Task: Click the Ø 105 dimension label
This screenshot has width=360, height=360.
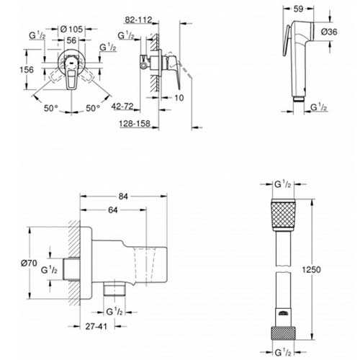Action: click(x=71, y=30)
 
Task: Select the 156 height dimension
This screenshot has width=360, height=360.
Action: click(x=27, y=70)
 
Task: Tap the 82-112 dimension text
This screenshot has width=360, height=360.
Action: click(x=138, y=19)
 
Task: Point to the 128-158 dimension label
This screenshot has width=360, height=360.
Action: click(x=135, y=124)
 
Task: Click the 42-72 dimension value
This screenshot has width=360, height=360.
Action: click(x=122, y=107)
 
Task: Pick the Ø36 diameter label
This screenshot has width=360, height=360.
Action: click(x=329, y=32)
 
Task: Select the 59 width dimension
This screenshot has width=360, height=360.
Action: click(x=298, y=9)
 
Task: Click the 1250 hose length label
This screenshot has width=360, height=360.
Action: click(x=311, y=270)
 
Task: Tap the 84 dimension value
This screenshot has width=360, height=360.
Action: click(x=123, y=197)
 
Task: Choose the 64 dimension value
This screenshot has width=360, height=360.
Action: click(x=112, y=210)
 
